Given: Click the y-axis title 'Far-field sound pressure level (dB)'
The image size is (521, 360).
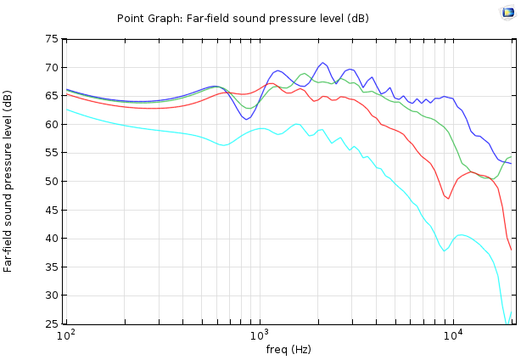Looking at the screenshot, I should click(x=8, y=182).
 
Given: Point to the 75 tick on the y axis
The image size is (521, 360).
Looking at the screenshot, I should click(x=53, y=39).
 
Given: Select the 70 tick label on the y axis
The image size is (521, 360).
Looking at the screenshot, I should click(x=53, y=68).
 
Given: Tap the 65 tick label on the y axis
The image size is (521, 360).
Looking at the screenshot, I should click(x=53, y=96).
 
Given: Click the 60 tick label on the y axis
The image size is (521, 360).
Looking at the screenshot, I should click(x=53, y=125).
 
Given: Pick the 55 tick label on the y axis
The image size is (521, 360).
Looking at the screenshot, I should click(x=53, y=153).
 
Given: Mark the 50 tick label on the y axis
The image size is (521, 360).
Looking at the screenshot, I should click(x=53, y=182).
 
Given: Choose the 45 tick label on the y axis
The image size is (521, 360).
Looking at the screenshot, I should click(x=53, y=210).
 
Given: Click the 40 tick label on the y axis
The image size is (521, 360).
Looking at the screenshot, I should click(x=53, y=239).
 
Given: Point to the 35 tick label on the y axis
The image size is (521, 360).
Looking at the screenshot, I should click(x=53, y=267).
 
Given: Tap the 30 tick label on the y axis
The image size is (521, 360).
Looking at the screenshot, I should click(x=53, y=295).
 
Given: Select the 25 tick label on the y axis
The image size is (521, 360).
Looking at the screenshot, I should click(x=53, y=323).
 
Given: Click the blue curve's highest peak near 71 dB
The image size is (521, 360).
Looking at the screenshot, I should click(x=322, y=63).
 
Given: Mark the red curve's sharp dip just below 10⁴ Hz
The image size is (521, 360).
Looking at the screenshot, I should click(x=447, y=198).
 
